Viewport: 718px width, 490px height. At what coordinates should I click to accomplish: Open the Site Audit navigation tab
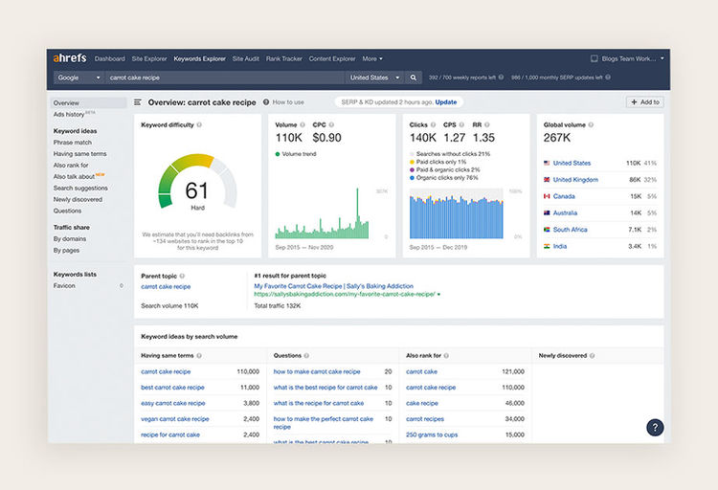(245, 58)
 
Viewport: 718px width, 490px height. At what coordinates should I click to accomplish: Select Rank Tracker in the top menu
(283, 58)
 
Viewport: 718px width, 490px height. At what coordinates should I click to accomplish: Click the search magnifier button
(414, 78)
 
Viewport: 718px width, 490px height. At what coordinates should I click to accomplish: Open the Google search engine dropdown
(79, 78)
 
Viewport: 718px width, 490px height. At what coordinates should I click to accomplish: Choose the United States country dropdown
(374, 78)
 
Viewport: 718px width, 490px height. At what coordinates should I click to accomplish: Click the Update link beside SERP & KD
(446, 101)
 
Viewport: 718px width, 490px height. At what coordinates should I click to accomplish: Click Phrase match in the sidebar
(73, 143)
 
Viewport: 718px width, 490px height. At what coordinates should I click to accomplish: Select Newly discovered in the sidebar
(78, 199)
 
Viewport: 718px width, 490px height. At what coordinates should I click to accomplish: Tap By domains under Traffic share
(70, 238)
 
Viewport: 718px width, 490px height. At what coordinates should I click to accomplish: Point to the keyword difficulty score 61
(196, 189)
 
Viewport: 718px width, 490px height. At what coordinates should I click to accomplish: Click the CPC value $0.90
(326, 138)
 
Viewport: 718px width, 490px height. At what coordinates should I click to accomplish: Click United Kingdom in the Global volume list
(575, 180)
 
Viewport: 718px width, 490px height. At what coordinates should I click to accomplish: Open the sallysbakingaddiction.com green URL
(345, 294)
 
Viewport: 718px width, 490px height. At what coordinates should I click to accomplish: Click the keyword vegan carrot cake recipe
(174, 419)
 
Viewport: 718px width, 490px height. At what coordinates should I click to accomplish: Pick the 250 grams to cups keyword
(431, 434)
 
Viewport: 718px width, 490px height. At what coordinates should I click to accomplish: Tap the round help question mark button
(655, 428)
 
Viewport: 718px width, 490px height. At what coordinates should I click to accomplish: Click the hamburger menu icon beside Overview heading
(138, 101)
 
